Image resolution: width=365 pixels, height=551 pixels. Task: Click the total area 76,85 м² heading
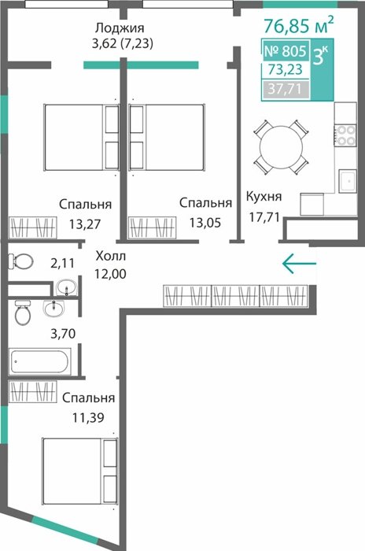click(x=298, y=25)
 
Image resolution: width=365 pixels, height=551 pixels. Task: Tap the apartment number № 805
click(x=286, y=51)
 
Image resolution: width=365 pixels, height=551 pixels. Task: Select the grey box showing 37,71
click(x=286, y=89)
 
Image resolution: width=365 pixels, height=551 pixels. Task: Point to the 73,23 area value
click(x=285, y=69)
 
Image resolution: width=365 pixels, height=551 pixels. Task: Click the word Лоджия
click(x=120, y=28)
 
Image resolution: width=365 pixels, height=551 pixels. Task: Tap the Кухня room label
click(x=264, y=197)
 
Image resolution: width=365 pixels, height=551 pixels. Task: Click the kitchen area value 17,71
click(x=264, y=216)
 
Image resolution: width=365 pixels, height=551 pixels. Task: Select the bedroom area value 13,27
click(x=85, y=224)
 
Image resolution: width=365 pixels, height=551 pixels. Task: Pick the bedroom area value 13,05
click(x=205, y=223)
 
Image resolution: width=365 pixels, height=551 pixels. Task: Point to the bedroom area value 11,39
click(x=88, y=417)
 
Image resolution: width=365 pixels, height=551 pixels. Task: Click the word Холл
click(x=111, y=256)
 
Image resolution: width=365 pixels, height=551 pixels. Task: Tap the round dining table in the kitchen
click(x=281, y=147)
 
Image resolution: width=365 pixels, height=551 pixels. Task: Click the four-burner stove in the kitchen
click(x=345, y=135)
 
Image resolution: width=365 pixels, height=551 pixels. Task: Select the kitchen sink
click(x=348, y=180)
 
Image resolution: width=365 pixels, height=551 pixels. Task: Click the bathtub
click(x=39, y=361)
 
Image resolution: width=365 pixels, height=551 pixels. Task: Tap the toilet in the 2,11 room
click(x=21, y=261)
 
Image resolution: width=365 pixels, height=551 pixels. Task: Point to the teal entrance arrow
click(x=299, y=263)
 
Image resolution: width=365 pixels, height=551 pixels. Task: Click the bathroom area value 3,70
click(x=63, y=333)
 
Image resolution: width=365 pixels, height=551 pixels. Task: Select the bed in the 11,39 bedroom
click(x=79, y=471)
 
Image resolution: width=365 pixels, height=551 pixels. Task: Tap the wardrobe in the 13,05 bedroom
click(x=153, y=227)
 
